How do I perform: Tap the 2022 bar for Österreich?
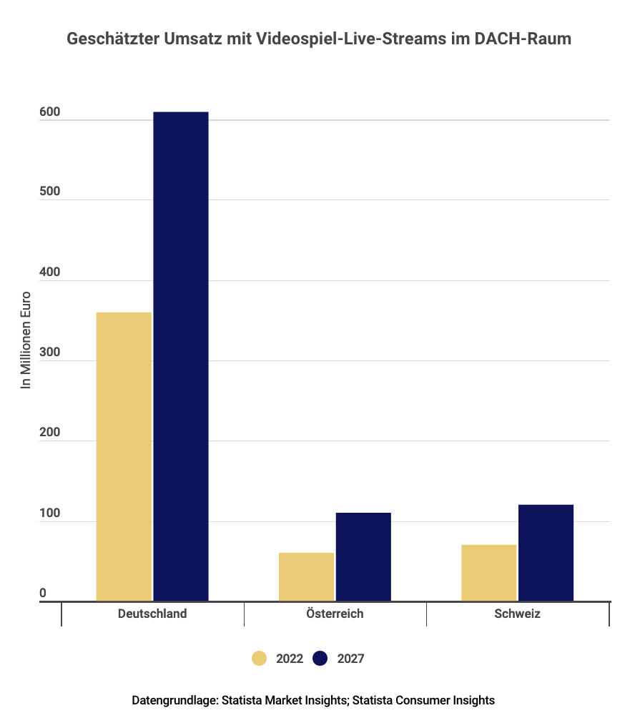(x=306, y=576)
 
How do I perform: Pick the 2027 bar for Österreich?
(x=363, y=556)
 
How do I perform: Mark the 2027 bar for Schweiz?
(x=546, y=552)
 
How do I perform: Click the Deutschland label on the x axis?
(x=152, y=614)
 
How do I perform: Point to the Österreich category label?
(x=335, y=614)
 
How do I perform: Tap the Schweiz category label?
(x=517, y=614)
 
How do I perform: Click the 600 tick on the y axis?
(x=49, y=112)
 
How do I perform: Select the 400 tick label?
(x=49, y=272)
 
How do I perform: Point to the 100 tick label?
(x=49, y=513)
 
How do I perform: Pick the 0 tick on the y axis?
(x=42, y=593)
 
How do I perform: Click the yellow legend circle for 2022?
(x=260, y=659)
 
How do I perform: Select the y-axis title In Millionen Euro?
(x=26, y=340)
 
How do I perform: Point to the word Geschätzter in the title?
(x=108, y=39)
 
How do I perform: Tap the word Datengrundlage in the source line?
(x=174, y=700)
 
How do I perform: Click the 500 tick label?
(x=49, y=192)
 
